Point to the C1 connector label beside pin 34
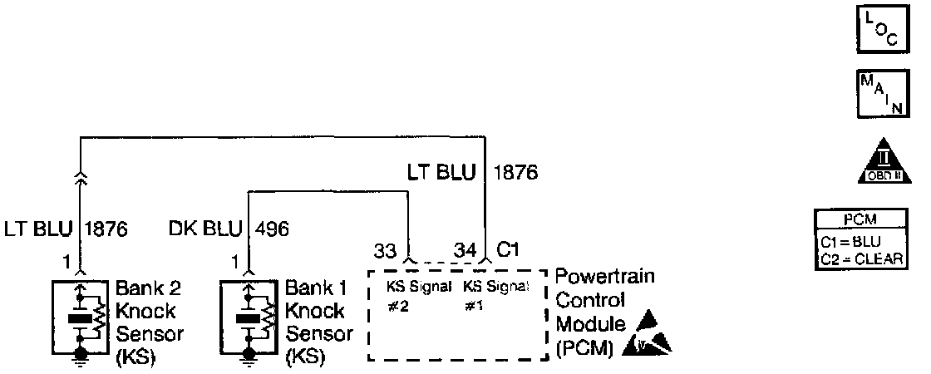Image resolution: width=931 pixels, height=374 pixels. pyautogui.click(x=509, y=249)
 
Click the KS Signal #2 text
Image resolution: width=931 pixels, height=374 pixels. pyautogui.click(x=417, y=297)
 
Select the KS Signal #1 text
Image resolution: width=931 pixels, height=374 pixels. pyautogui.click(x=495, y=297)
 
